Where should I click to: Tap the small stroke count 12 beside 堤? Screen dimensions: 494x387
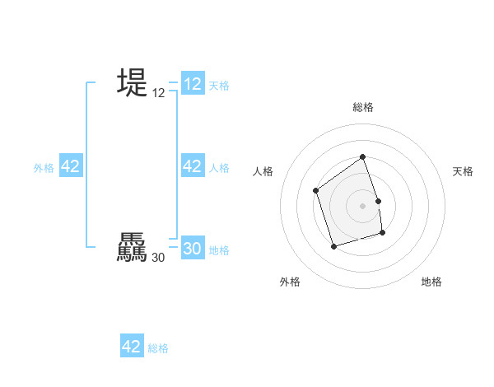159,94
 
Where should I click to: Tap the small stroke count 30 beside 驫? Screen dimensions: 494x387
159,258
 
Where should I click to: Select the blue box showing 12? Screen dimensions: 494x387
193,84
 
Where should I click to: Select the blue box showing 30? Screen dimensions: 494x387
193,249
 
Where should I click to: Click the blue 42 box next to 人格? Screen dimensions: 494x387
193,166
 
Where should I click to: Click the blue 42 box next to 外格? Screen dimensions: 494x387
71,166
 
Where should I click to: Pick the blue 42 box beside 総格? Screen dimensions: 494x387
132,347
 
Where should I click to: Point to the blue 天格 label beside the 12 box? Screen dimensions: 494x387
219,86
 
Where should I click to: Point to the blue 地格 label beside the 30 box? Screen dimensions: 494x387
219,250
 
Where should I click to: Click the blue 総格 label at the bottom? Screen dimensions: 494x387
158,348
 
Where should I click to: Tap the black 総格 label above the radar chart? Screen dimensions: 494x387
362,107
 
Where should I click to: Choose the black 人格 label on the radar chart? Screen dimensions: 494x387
263,171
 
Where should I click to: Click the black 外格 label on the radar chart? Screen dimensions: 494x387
289,282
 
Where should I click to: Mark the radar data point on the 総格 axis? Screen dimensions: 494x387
362,156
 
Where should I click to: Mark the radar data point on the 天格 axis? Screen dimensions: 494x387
378,201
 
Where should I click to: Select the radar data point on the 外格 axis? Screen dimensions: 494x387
333,246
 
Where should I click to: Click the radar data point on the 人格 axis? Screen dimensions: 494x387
316,191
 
